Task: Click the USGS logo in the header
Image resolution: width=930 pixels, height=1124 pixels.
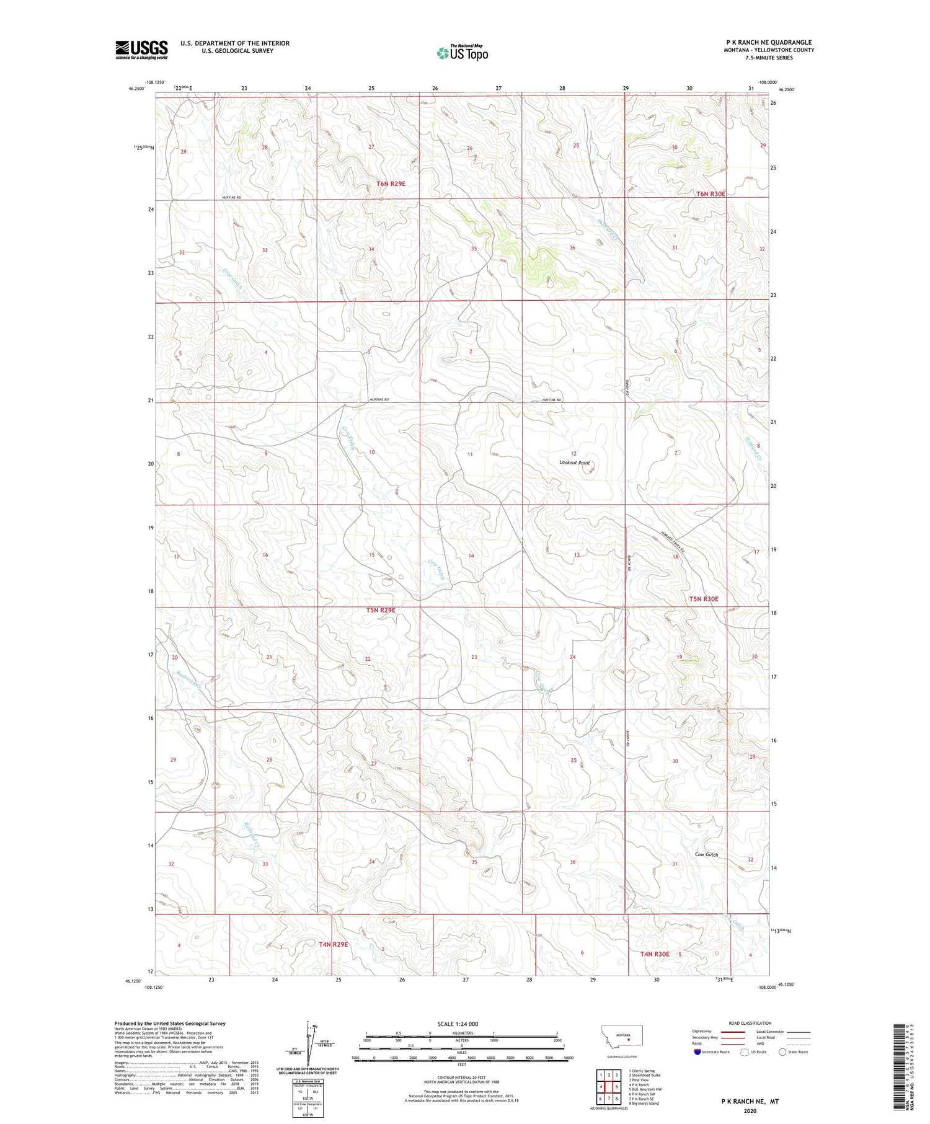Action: click(141, 50)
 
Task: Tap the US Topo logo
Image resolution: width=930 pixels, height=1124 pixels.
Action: click(462, 53)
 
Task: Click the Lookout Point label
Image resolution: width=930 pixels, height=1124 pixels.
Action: click(575, 462)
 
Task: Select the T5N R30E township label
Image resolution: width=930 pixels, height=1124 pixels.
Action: click(704, 599)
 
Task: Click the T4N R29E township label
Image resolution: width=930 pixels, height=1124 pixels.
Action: click(333, 944)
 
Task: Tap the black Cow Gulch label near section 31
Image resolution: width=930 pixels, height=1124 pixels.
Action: click(706, 854)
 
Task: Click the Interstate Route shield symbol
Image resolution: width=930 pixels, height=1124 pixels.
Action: click(697, 1051)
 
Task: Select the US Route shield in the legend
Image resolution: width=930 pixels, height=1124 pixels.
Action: click(745, 1051)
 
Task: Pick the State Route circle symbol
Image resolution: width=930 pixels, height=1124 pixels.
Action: click(783, 1051)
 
